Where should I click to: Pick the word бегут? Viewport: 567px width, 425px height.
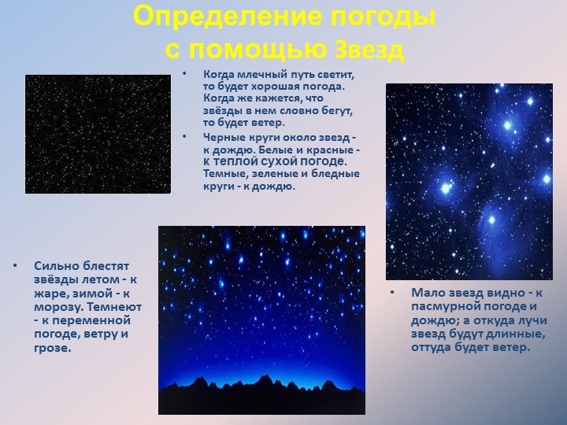336,110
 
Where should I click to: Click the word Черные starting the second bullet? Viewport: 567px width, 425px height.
223,137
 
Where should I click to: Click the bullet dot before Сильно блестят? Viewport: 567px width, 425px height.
16,265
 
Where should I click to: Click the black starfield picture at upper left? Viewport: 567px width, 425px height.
98,134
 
